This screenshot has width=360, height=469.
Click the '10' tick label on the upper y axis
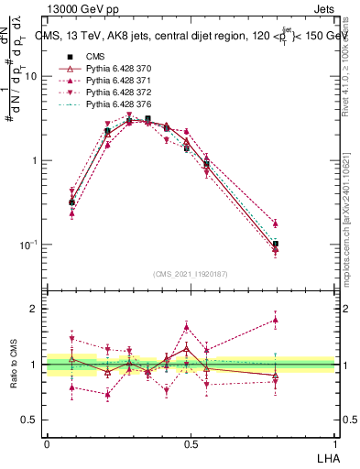coord(31,76)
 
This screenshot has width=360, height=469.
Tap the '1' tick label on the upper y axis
coord(35,160)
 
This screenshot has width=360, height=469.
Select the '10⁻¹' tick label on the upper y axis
coord(29,245)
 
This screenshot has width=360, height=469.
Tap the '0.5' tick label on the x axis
coord(191,443)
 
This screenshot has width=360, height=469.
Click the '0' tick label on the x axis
coord(47,443)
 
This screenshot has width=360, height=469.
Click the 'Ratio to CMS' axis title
coord(13,364)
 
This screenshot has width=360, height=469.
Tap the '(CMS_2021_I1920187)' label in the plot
coord(191,274)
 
